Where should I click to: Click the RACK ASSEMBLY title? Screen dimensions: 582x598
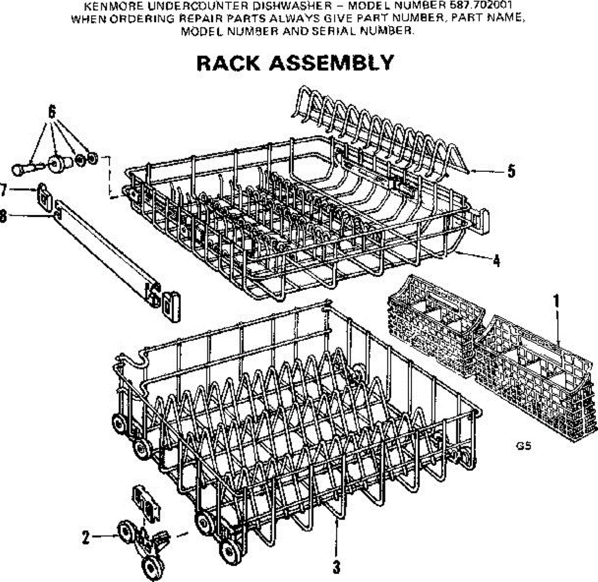[295, 64]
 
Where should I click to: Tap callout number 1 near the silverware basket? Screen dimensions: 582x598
[557, 301]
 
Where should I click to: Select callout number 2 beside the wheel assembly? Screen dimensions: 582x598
[86, 537]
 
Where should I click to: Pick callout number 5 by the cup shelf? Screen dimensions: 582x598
[511, 171]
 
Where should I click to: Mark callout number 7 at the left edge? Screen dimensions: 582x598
[4, 190]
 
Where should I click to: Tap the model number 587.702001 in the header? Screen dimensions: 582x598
[478, 6]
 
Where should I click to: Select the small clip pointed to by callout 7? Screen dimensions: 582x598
[44, 197]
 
